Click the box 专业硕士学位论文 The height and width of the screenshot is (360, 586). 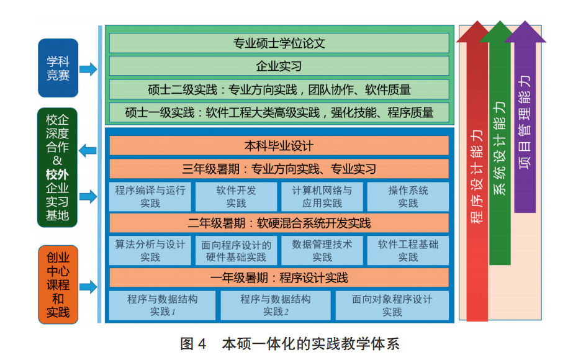pyautogui.click(x=279, y=43)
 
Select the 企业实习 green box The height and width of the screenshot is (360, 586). pyautogui.click(x=279, y=66)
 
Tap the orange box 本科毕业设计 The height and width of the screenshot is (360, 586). pyautogui.click(x=279, y=146)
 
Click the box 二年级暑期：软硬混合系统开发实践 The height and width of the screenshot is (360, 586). pyautogui.click(x=279, y=223)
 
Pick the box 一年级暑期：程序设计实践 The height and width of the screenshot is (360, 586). pyautogui.click(x=279, y=277)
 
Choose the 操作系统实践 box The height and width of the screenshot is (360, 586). pyautogui.click(x=408, y=196)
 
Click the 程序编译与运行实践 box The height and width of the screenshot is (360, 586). pyautogui.click(x=150, y=196)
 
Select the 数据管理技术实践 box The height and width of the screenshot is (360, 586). pyautogui.click(x=322, y=250)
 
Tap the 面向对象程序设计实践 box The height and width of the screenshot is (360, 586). pyautogui.click(x=392, y=305)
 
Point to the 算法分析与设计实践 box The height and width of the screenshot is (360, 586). pyautogui.click(x=150, y=250)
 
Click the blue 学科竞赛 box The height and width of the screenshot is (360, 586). pyautogui.click(x=58, y=68)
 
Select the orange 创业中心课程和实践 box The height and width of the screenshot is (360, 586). pyautogui.click(x=58, y=285)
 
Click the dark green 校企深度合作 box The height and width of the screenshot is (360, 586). pyautogui.click(x=58, y=168)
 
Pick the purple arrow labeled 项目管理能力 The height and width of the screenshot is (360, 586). pyautogui.click(x=525, y=124)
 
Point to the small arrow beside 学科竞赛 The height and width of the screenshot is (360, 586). pyautogui.click(x=88, y=70)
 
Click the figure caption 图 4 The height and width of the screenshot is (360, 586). pyautogui.click(x=192, y=343)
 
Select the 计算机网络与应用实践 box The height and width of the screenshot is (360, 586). pyautogui.click(x=322, y=196)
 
